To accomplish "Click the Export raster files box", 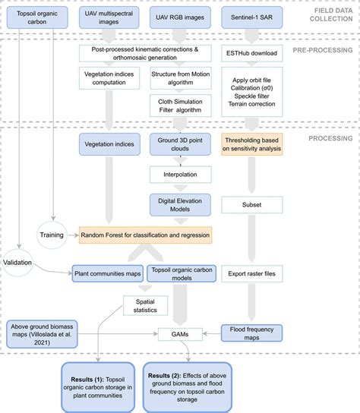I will click(251, 271).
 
